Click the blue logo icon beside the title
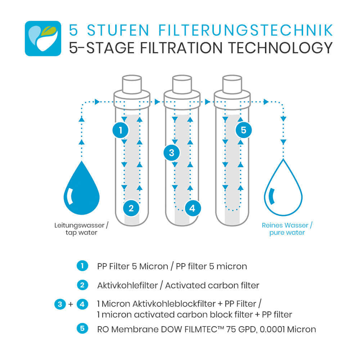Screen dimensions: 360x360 [x=43, y=38]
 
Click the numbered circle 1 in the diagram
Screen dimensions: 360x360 [x=121, y=130]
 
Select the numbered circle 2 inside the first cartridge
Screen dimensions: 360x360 [x=131, y=208]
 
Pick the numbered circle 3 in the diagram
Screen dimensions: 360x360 [x=171, y=153]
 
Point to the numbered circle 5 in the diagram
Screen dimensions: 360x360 [x=244, y=130]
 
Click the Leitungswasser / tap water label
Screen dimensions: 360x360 [x=81, y=229]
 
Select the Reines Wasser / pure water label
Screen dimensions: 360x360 [x=287, y=229]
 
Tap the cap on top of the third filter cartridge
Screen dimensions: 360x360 [x=232, y=84]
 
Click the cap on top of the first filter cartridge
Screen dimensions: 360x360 [x=132, y=84]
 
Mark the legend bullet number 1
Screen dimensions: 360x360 [x=82, y=266]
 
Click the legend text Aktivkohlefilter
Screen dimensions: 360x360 [x=127, y=285]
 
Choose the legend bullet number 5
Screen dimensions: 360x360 [x=82, y=329]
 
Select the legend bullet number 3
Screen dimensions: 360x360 [x=60, y=305]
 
